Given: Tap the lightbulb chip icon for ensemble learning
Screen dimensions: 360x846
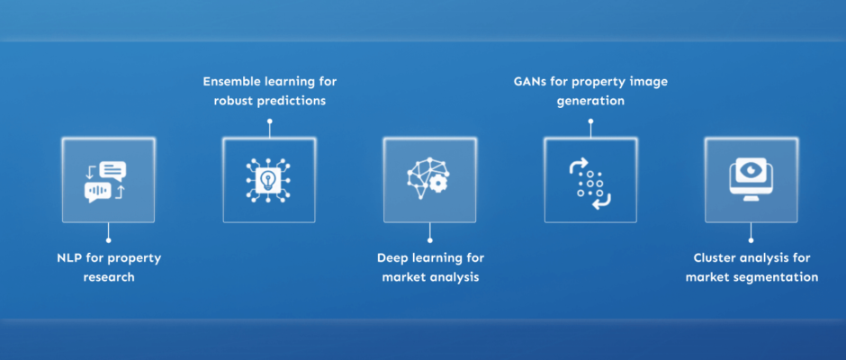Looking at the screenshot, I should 269,180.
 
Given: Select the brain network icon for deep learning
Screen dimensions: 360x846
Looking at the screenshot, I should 429,180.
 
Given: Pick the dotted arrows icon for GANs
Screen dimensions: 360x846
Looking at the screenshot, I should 590,180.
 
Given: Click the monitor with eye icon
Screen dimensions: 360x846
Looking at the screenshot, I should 751,180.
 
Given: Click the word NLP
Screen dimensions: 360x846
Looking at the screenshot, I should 69,258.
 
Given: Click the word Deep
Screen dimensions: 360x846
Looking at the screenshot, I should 394,258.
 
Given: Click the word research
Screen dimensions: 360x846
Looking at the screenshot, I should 108,278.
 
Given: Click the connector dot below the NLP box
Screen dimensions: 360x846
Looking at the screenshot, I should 108,239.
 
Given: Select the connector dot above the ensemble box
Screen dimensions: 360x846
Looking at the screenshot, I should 269,121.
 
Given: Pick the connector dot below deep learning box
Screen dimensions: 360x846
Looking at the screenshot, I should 429,239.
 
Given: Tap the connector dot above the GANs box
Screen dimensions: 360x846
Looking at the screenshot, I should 590,121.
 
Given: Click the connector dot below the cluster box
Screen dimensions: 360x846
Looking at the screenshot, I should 751,239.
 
